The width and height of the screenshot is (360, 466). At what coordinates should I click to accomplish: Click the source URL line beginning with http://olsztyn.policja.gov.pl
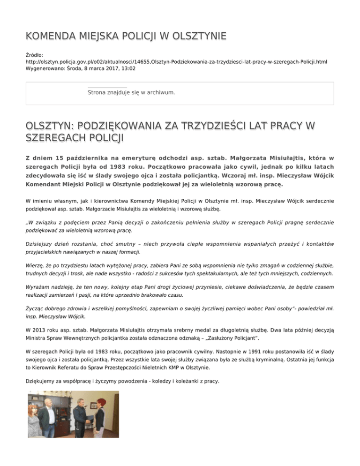click(x=176, y=61)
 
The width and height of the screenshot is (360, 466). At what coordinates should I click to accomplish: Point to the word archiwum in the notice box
click(x=159, y=93)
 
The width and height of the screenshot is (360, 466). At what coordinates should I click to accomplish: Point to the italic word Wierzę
click(x=37, y=266)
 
